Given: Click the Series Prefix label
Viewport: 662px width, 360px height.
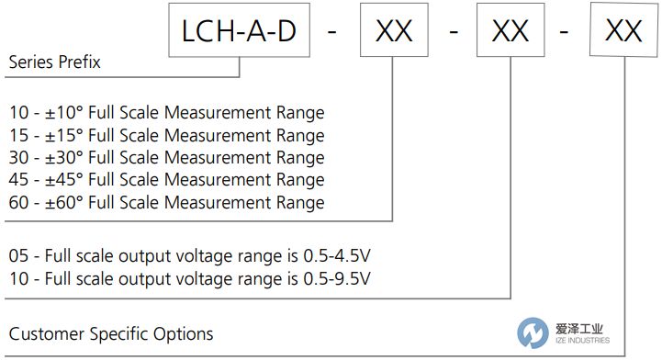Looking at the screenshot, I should pyautogui.click(x=54, y=63).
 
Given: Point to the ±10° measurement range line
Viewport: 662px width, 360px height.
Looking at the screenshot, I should pyautogui.click(x=166, y=114).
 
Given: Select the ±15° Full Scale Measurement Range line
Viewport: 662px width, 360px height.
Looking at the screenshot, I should pyautogui.click(x=166, y=136).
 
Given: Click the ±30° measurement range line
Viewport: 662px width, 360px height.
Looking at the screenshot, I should pyautogui.click(x=166, y=158).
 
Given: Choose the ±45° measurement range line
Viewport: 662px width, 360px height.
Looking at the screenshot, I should pyautogui.click(x=166, y=180).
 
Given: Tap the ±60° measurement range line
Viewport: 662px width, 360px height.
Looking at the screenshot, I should pyautogui.click(x=166, y=202).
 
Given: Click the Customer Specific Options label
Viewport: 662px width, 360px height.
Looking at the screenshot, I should pyautogui.click(x=110, y=332).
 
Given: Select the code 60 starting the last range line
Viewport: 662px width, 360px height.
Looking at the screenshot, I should pyautogui.click(x=18, y=202).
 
